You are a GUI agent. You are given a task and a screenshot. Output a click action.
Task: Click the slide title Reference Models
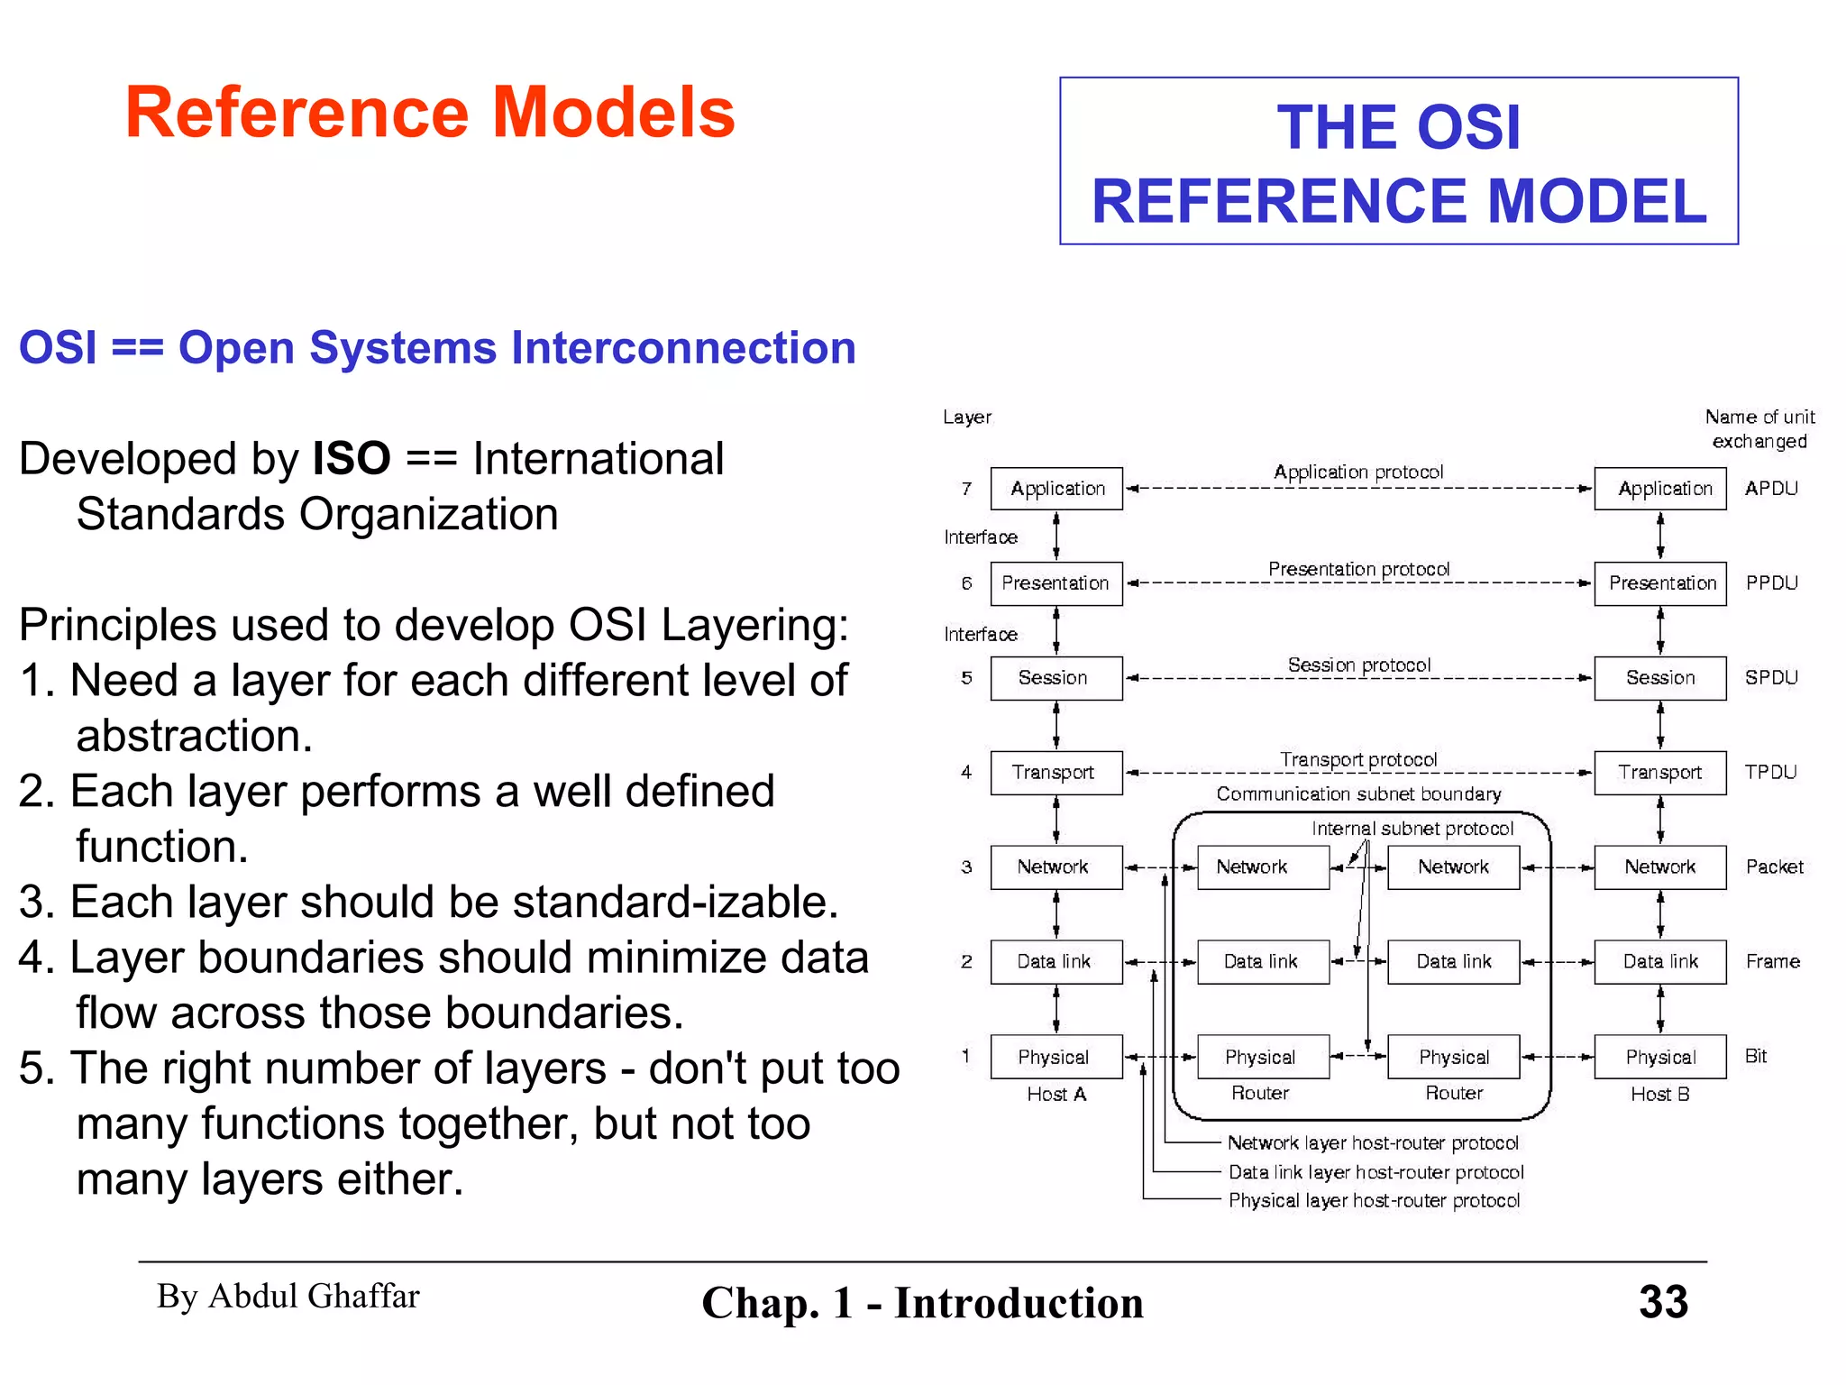tap(430, 113)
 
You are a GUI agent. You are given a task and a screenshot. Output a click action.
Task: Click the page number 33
tap(1663, 1301)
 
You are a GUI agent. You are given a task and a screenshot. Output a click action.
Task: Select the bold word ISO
tap(351, 459)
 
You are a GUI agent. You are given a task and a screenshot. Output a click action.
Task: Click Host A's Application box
tap(1056, 489)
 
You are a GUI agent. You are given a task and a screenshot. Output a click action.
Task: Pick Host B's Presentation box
tap(1660, 583)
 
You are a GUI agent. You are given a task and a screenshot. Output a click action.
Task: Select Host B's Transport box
tap(1660, 773)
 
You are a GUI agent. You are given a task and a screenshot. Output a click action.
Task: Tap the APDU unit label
tap(1771, 489)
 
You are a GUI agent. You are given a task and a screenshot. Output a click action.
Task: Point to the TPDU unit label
tap(1770, 772)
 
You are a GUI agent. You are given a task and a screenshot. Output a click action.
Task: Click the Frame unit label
tap(1772, 961)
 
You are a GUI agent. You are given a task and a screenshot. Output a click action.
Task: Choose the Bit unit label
tap(1756, 1056)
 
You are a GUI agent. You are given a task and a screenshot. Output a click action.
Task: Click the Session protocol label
tap(1359, 665)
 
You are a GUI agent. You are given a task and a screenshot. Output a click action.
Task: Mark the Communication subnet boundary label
tap(1358, 793)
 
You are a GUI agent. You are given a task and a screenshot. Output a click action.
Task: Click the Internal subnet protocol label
tap(1412, 829)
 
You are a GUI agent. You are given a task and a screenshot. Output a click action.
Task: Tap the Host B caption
tap(1659, 1094)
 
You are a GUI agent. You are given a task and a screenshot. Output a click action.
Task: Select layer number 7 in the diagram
tap(966, 489)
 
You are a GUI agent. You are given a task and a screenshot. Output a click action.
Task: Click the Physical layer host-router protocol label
tap(1374, 1200)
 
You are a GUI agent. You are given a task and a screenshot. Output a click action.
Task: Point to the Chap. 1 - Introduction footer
tap(922, 1303)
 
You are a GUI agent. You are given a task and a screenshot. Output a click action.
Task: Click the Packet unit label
tap(1774, 867)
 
